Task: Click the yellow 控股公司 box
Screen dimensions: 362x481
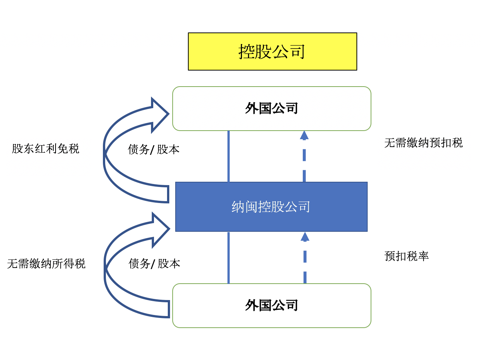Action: (x=272, y=52)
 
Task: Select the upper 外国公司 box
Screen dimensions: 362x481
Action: (x=271, y=109)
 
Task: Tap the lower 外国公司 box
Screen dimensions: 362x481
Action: (x=271, y=306)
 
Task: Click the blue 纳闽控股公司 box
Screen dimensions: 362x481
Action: (x=271, y=207)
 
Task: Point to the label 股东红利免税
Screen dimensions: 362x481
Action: (x=45, y=149)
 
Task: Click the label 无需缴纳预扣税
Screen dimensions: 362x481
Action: (x=423, y=143)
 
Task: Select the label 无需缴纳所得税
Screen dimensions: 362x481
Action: (x=46, y=263)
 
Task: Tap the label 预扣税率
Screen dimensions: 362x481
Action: (x=406, y=256)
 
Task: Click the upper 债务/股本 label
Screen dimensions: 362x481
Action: (x=154, y=149)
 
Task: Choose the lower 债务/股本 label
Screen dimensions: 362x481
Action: (x=154, y=263)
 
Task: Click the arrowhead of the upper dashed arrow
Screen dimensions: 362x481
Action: (x=304, y=135)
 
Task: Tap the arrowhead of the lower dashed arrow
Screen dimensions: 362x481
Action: (x=305, y=237)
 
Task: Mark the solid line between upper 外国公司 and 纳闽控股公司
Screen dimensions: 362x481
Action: (x=229, y=156)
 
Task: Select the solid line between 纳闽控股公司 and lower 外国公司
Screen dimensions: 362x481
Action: (x=229, y=258)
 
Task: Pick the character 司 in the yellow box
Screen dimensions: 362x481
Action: (x=298, y=52)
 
